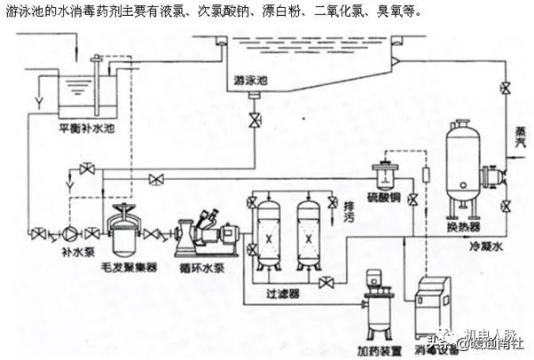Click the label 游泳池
tap(251, 79)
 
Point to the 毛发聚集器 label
tap(135, 264)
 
